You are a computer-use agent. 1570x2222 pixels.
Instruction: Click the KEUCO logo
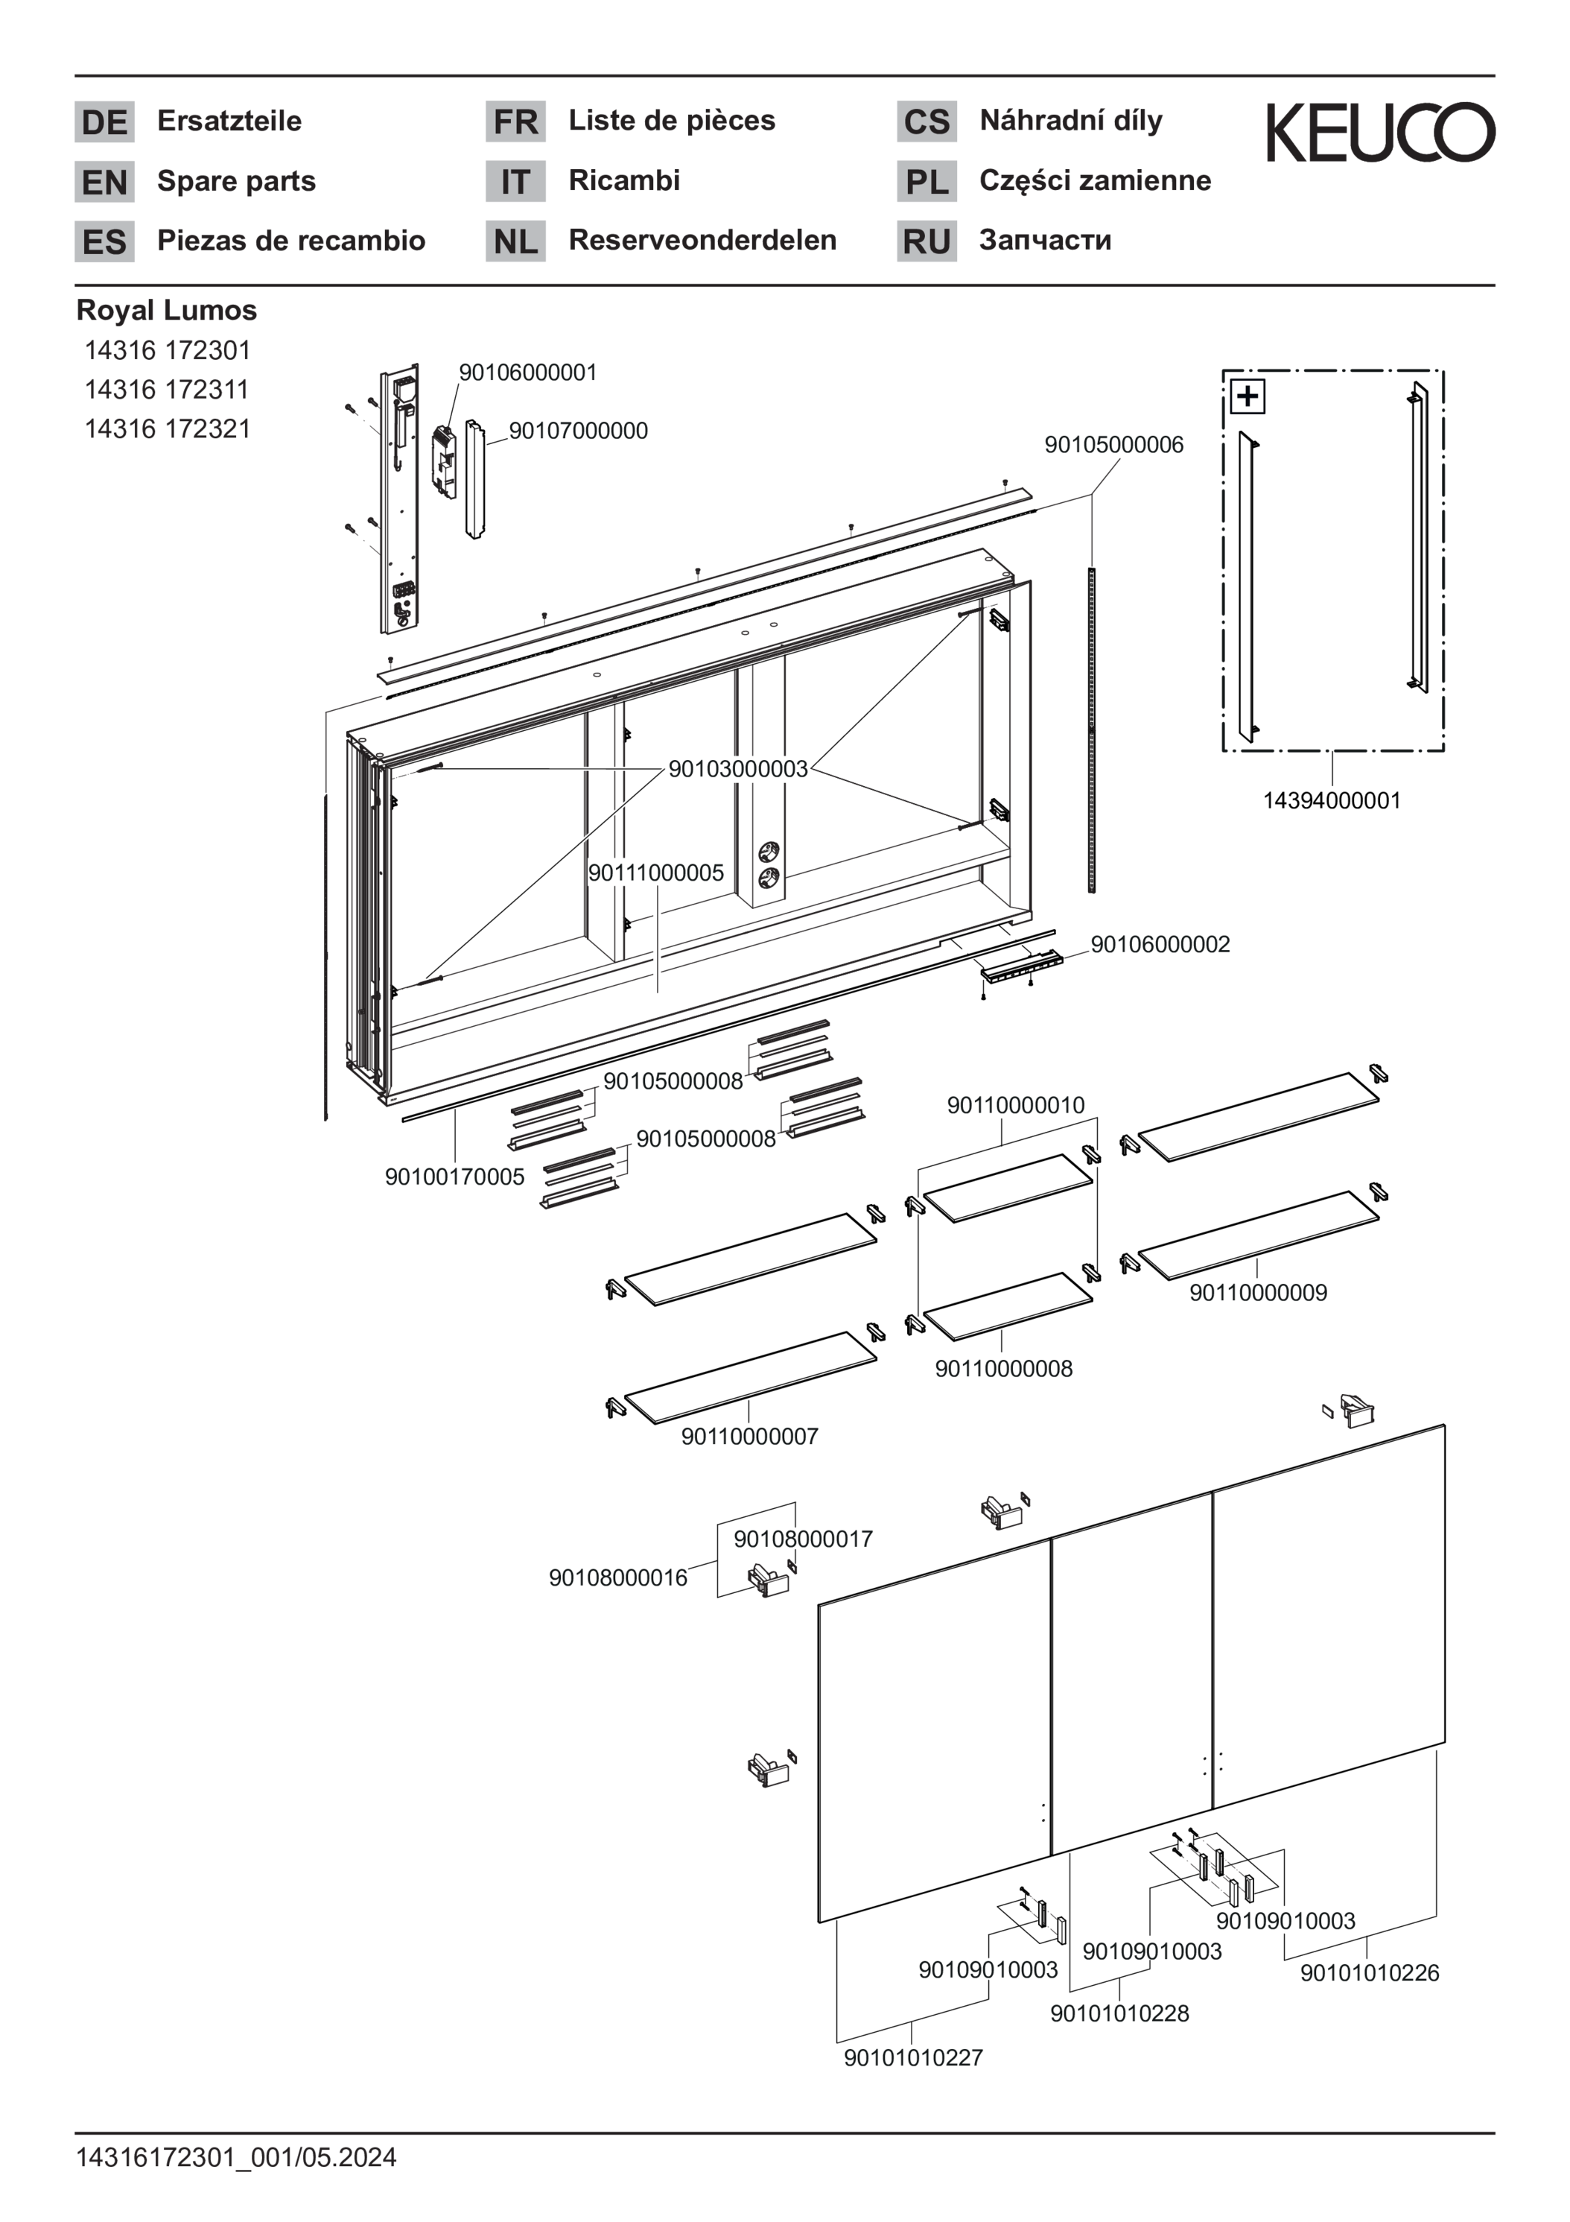1380,133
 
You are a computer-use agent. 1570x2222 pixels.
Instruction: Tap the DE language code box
104,122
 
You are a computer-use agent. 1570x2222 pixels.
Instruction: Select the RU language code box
927,241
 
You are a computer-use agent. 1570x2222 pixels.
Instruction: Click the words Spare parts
236,181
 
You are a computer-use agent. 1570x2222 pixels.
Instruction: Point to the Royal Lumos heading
166,311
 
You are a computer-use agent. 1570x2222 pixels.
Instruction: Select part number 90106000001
527,373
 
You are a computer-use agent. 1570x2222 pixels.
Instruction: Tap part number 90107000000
579,431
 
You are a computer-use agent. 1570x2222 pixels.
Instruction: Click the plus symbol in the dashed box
1248,396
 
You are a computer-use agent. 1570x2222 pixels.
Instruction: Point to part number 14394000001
1331,800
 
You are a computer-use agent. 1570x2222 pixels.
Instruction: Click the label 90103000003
737,768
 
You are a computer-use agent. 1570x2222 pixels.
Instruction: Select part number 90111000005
656,873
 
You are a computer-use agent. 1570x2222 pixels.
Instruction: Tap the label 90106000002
1160,945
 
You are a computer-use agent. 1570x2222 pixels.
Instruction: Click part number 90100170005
454,1177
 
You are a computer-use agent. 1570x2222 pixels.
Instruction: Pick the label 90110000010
1016,1105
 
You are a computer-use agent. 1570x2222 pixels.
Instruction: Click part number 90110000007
750,1436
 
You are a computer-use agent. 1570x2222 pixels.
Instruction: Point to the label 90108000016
618,1577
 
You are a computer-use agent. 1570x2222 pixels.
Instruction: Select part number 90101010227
913,2057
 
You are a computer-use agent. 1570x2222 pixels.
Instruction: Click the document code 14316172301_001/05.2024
236,2158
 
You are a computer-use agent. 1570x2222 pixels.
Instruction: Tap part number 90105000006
1113,445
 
